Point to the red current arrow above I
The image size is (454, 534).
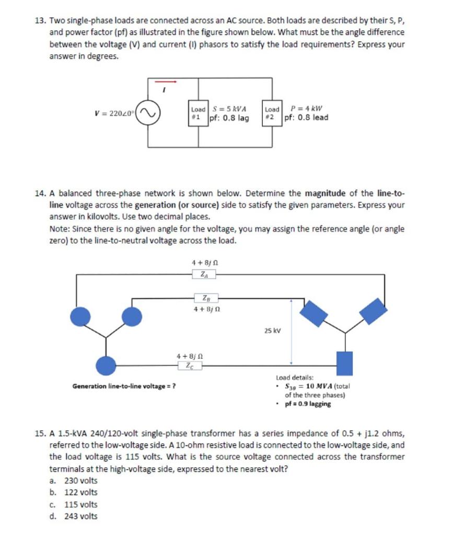pos(166,81)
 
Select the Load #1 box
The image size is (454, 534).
pos(199,113)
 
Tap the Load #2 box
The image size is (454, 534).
pos(272,113)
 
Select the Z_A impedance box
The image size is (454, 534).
pos(203,274)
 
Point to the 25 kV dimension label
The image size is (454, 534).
pos(273,331)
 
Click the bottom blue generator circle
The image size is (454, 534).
pos(107,366)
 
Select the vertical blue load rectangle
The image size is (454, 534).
pos(344,363)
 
